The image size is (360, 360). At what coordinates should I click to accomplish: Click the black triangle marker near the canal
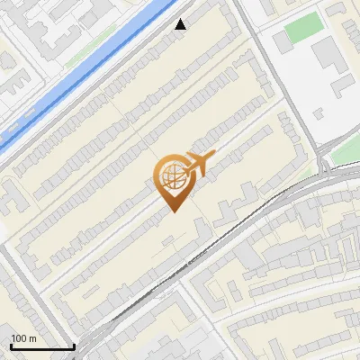pyautogui.click(x=181, y=24)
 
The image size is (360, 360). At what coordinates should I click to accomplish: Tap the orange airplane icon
pyautogui.click(x=198, y=164)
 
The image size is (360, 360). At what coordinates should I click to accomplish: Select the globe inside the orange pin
pyautogui.click(x=173, y=177)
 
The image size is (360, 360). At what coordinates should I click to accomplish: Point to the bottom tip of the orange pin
pyautogui.click(x=173, y=212)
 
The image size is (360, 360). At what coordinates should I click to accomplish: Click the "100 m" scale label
pyautogui.click(x=24, y=338)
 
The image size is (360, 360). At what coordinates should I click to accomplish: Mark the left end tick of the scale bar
pyautogui.click(x=11, y=346)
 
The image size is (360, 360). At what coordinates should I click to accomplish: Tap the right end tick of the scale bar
pyautogui.click(x=73, y=346)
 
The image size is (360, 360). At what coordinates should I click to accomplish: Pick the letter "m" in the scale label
pyautogui.click(x=33, y=338)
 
